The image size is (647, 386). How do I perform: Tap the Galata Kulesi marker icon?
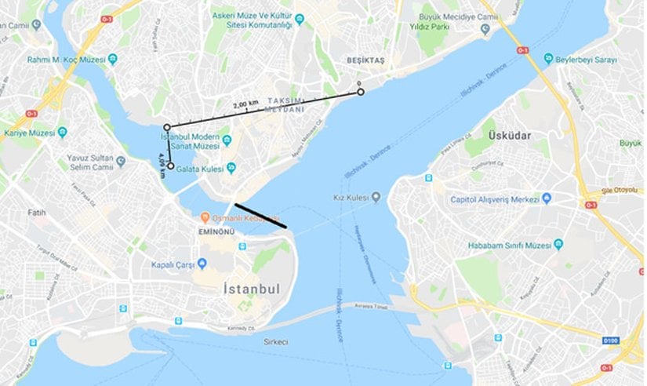pos(231,167)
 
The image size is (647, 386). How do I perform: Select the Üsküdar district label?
pos(510,136)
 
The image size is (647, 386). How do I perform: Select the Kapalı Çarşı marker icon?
pos(202,262)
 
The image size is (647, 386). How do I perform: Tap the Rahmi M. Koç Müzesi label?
pos(66,59)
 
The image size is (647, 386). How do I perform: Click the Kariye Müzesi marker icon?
pos(62,133)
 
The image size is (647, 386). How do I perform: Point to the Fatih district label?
pos(37,212)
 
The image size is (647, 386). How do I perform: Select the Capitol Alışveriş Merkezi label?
pos(494,199)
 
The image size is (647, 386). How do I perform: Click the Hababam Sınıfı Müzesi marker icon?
pos(558,244)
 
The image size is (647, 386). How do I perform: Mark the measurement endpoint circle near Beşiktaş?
pos(361,93)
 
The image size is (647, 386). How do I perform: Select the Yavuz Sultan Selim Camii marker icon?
pos(120,161)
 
